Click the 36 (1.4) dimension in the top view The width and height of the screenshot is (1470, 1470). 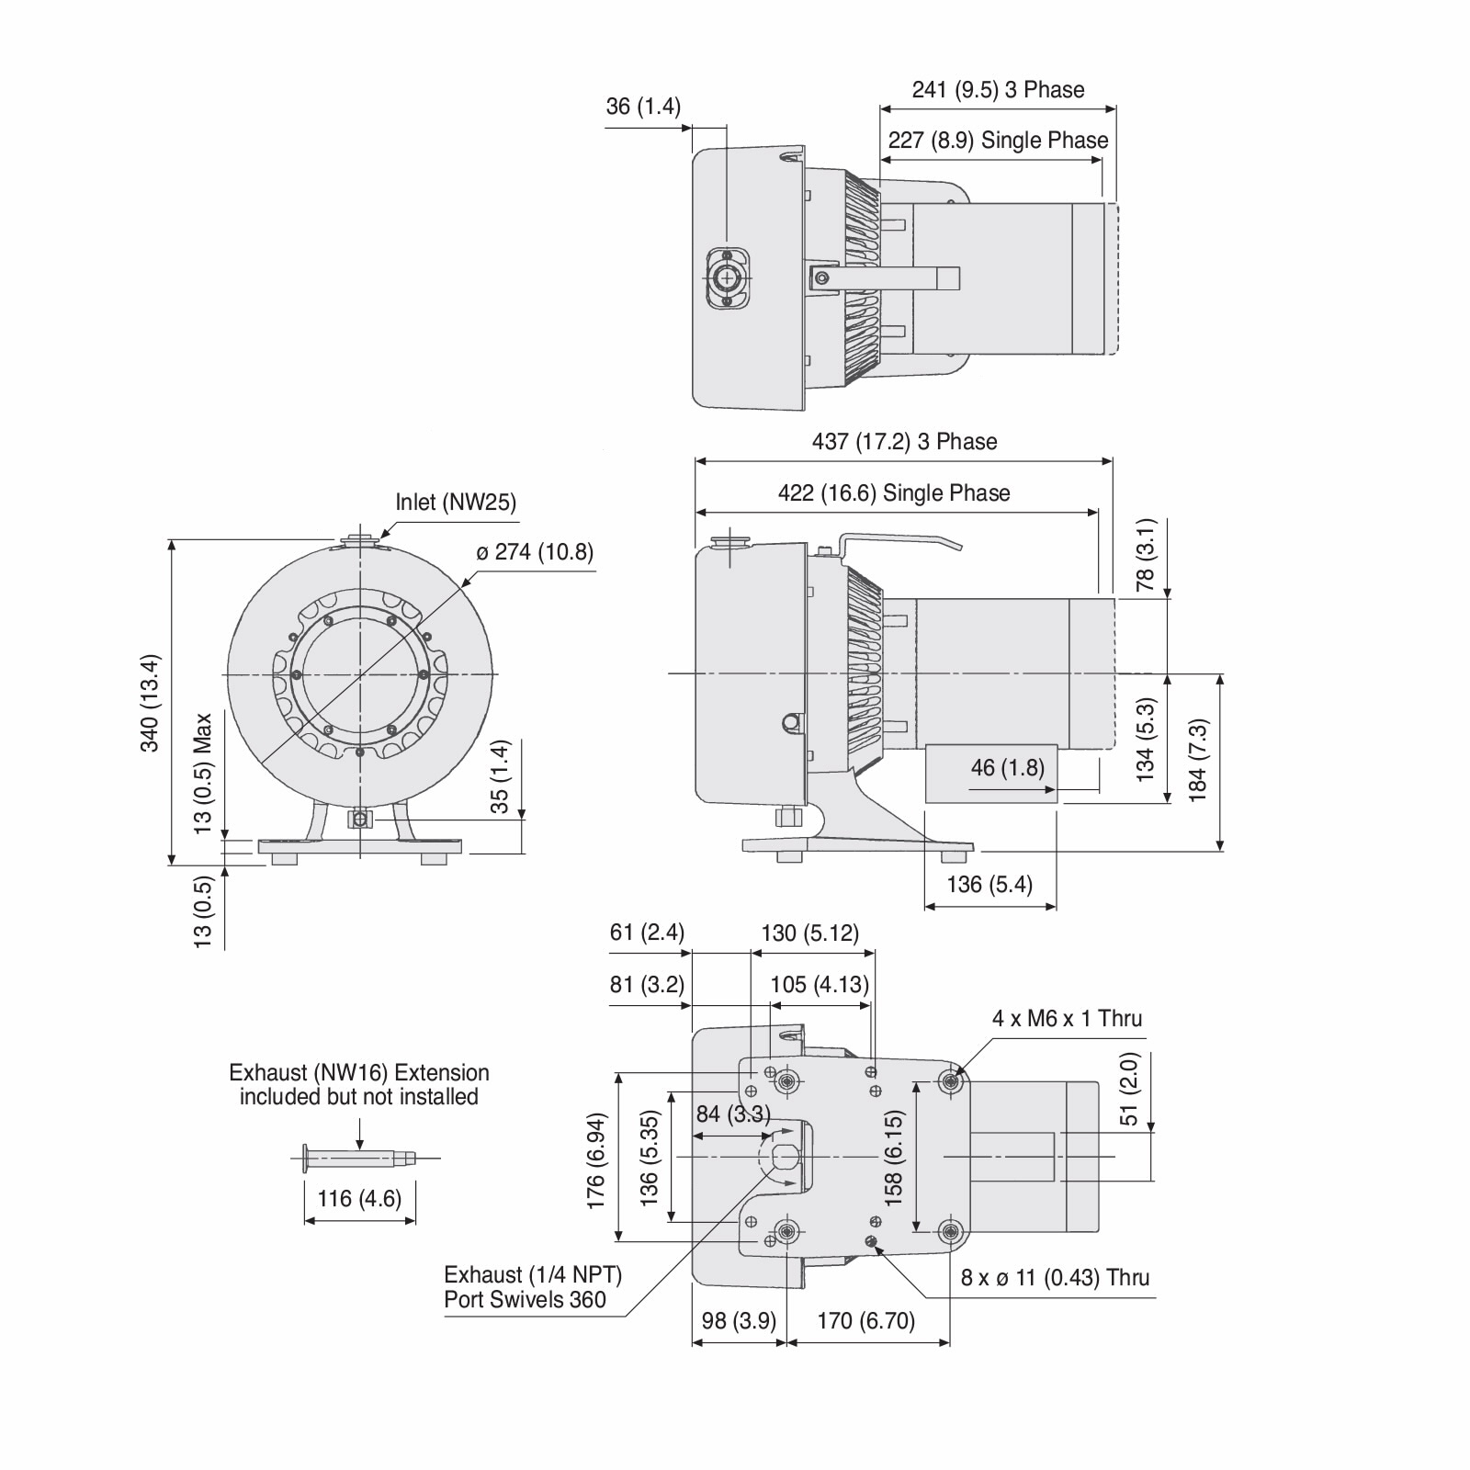pos(643,107)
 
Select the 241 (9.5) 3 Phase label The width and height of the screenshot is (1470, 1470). pos(998,90)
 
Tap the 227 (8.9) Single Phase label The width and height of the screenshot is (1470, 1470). pos(998,141)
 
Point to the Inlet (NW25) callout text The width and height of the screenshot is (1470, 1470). pos(456,503)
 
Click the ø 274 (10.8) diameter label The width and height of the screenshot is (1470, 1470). pos(535,552)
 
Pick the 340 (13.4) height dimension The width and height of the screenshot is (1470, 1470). pos(150,703)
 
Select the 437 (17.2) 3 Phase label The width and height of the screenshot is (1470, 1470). pos(904,442)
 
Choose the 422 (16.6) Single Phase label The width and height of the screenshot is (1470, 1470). pos(894,493)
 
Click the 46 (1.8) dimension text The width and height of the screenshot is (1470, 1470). pos(1008,767)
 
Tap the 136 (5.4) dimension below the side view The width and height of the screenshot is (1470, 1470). pos(989,885)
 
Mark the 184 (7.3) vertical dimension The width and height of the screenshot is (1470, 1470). pos(1198,761)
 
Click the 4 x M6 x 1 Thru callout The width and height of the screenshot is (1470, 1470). pos(1067,1018)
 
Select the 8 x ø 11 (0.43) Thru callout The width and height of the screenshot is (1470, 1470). pos(1055,1278)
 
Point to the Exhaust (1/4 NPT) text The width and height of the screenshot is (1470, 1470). pos(533,1275)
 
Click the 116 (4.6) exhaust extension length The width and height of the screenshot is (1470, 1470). pos(359,1199)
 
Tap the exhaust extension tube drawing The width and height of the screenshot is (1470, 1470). pos(359,1159)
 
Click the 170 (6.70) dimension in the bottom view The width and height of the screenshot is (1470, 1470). pos(866,1321)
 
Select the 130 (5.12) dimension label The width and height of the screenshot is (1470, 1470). pos(809,933)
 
